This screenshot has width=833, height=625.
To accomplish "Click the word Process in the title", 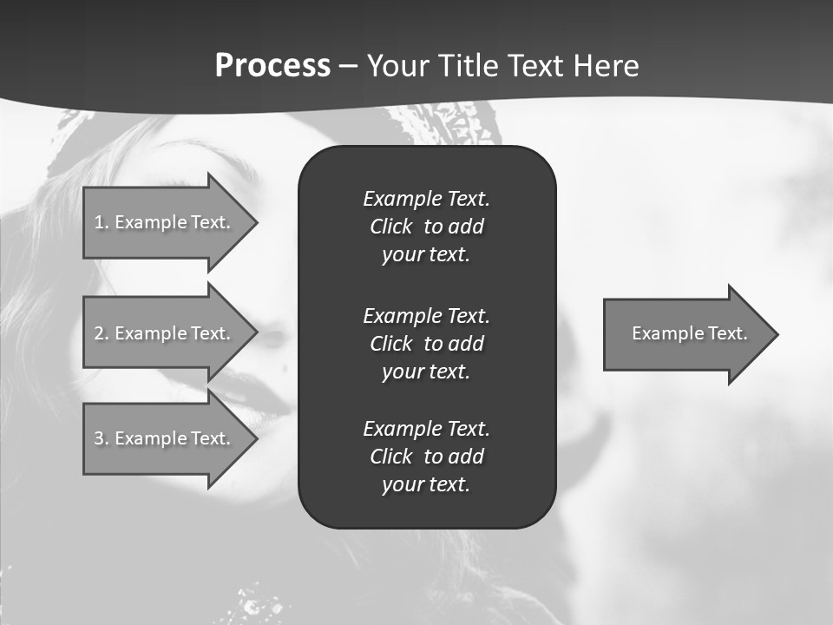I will click(272, 66).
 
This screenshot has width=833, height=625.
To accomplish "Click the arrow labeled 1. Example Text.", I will click(165, 222).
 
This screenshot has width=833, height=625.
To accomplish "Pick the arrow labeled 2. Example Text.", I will click(165, 333).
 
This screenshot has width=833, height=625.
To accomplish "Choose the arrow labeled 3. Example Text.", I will click(165, 438).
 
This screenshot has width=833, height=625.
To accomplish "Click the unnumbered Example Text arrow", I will click(685, 333).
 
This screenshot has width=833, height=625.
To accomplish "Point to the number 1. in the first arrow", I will click(102, 222).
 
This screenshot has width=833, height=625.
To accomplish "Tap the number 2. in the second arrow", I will click(102, 333).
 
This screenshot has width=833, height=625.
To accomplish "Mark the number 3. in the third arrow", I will click(102, 438).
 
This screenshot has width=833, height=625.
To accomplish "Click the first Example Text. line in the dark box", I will click(426, 199).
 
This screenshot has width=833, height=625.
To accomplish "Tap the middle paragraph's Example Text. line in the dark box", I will click(426, 316).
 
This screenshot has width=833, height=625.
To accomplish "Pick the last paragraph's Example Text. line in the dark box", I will click(426, 429).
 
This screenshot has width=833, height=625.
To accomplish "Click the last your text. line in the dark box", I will click(426, 484).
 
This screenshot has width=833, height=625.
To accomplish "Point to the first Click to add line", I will click(426, 227).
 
